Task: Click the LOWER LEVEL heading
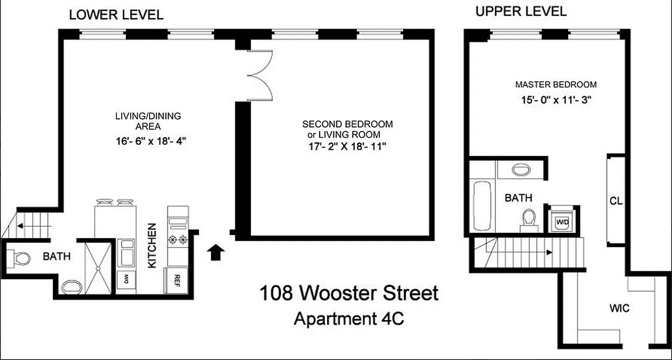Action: (x=116, y=15)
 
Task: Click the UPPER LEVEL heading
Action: (x=521, y=11)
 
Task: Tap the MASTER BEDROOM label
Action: (x=556, y=84)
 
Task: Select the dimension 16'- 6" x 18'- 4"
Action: (x=151, y=141)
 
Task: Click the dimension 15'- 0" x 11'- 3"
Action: (x=556, y=100)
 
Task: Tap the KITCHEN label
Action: (x=152, y=246)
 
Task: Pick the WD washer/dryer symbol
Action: (x=562, y=221)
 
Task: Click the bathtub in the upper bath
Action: (x=482, y=205)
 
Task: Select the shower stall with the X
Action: (x=98, y=269)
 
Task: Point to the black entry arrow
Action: (x=216, y=252)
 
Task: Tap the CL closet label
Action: (x=616, y=201)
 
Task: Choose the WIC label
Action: (x=619, y=309)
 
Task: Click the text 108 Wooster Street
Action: (x=349, y=293)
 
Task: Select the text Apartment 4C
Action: (x=349, y=319)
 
